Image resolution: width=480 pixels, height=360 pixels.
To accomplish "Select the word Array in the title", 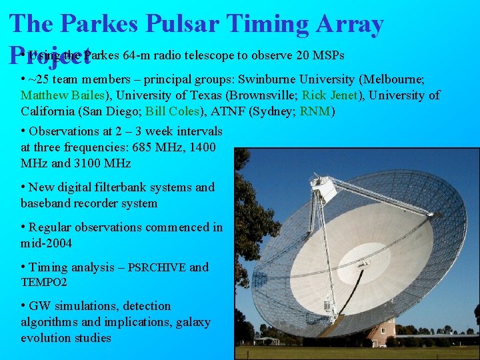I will point(350,25).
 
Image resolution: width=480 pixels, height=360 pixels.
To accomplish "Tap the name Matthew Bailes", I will point(58,96).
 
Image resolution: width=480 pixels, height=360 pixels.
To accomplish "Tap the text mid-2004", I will point(46,243).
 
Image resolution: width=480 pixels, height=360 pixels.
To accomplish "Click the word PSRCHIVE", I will point(157,268).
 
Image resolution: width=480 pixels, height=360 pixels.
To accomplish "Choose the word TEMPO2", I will point(44,283).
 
